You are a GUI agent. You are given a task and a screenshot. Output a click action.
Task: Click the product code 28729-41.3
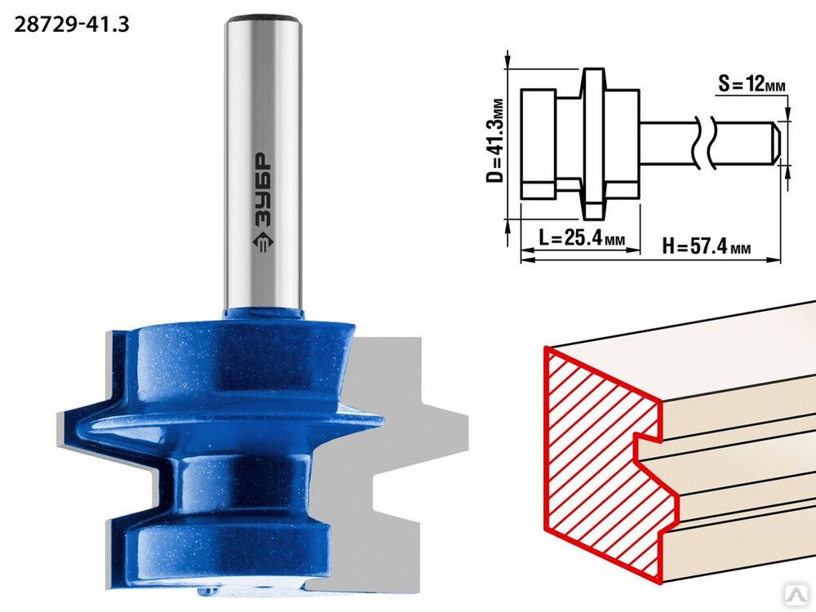[x=71, y=24]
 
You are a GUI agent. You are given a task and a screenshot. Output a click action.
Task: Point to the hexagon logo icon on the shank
[x=263, y=242]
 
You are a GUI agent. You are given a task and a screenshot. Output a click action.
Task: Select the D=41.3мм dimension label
[x=495, y=140]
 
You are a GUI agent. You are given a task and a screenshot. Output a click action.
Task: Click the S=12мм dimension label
[x=752, y=83]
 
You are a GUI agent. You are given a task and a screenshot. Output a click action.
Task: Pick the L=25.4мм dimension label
[x=582, y=239]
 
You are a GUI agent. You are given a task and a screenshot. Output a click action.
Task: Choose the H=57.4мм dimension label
[x=706, y=246]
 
